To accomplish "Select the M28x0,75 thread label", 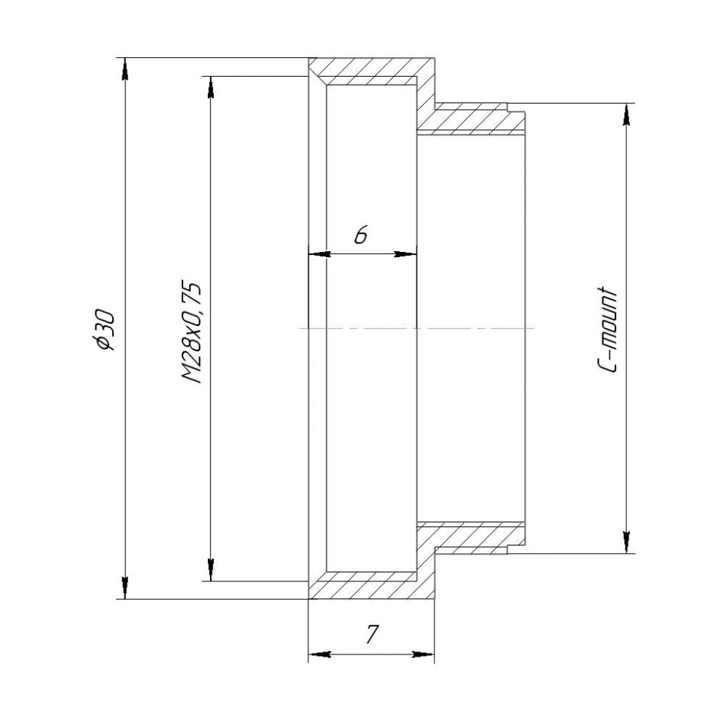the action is pyautogui.click(x=191, y=332).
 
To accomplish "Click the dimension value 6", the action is pyautogui.click(x=361, y=235).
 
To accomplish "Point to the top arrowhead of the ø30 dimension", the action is pyautogui.click(x=125, y=70).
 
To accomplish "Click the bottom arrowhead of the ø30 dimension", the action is pyautogui.click(x=125, y=587).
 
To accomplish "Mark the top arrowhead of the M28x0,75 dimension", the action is pyautogui.click(x=211, y=88).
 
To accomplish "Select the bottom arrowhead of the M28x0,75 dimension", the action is pyautogui.click(x=211, y=569).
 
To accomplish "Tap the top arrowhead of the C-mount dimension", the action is pyautogui.click(x=626, y=115).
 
